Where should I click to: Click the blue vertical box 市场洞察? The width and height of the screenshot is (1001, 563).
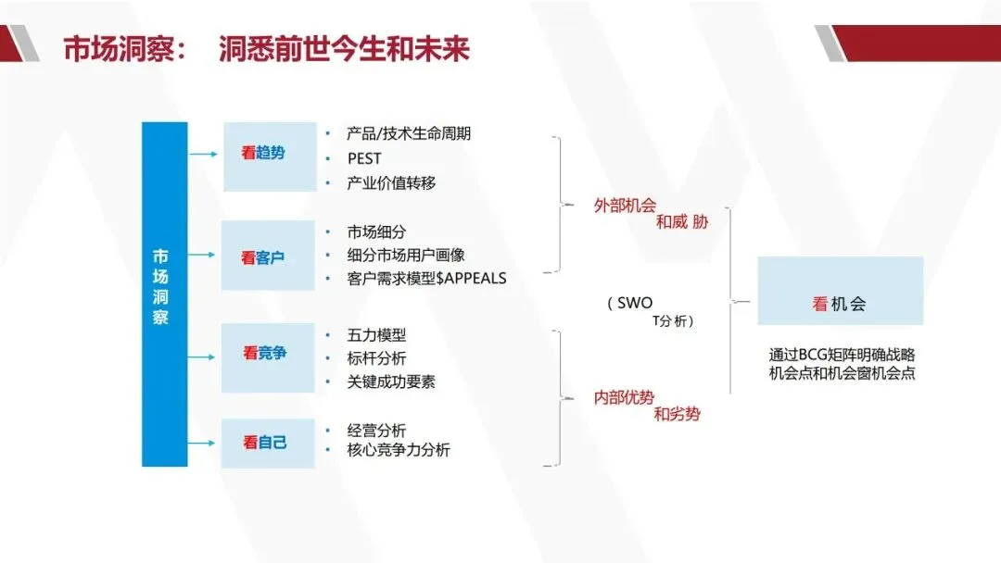[164, 294]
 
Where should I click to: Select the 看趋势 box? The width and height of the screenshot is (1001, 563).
[269, 156]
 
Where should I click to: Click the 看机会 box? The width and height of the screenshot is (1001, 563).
[840, 292]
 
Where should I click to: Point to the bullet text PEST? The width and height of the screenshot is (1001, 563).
[364, 158]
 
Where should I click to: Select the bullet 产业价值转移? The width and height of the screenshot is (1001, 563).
[391, 183]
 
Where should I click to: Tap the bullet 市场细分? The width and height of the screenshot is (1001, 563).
[376, 231]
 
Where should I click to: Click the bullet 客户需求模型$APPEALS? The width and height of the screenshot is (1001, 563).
[426, 278]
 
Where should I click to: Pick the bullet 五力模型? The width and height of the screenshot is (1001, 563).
[376, 334]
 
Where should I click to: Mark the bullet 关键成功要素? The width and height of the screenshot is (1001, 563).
[391, 381]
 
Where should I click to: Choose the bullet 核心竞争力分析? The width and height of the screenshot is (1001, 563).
[399, 450]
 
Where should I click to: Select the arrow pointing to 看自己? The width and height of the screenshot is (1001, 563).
[204, 443]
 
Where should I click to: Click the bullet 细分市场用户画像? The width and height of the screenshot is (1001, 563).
[406, 255]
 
